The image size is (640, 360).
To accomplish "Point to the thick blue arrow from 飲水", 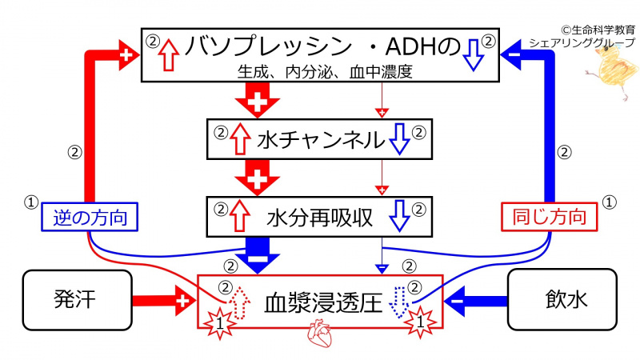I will coord(476,302).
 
